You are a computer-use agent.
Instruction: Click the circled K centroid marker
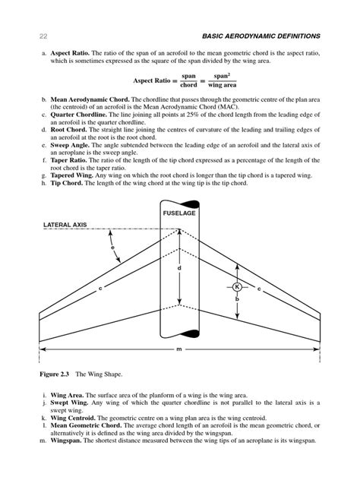237,287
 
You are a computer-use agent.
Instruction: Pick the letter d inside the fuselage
179,270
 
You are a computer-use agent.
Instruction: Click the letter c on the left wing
99,289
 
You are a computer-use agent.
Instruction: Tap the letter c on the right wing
258,289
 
